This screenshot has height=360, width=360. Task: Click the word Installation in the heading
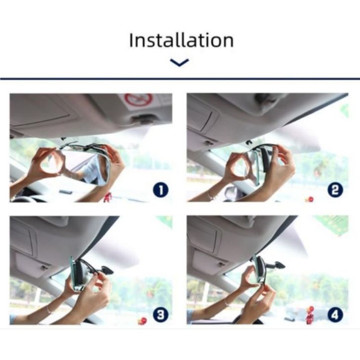(181, 40)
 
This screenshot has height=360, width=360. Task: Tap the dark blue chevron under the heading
(180, 62)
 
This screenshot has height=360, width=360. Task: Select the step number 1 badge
(161, 190)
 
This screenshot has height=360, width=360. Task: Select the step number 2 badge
(335, 190)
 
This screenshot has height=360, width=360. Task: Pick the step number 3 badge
(161, 314)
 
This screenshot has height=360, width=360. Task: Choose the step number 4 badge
(335, 314)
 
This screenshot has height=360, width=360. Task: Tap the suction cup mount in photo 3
(106, 270)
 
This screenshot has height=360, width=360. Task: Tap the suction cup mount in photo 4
(279, 265)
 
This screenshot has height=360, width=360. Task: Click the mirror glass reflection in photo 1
(86, 167)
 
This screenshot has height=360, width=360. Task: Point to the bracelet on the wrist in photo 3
(49, 310)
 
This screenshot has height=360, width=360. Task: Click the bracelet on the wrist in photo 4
(227, 303)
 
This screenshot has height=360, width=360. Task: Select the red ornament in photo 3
(143, 321)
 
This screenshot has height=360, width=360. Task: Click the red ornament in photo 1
(108, 197)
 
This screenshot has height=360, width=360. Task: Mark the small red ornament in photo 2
(310, 199)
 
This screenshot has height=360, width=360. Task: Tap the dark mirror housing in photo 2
(266, 158)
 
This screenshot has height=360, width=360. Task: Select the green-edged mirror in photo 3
(74, 274)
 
